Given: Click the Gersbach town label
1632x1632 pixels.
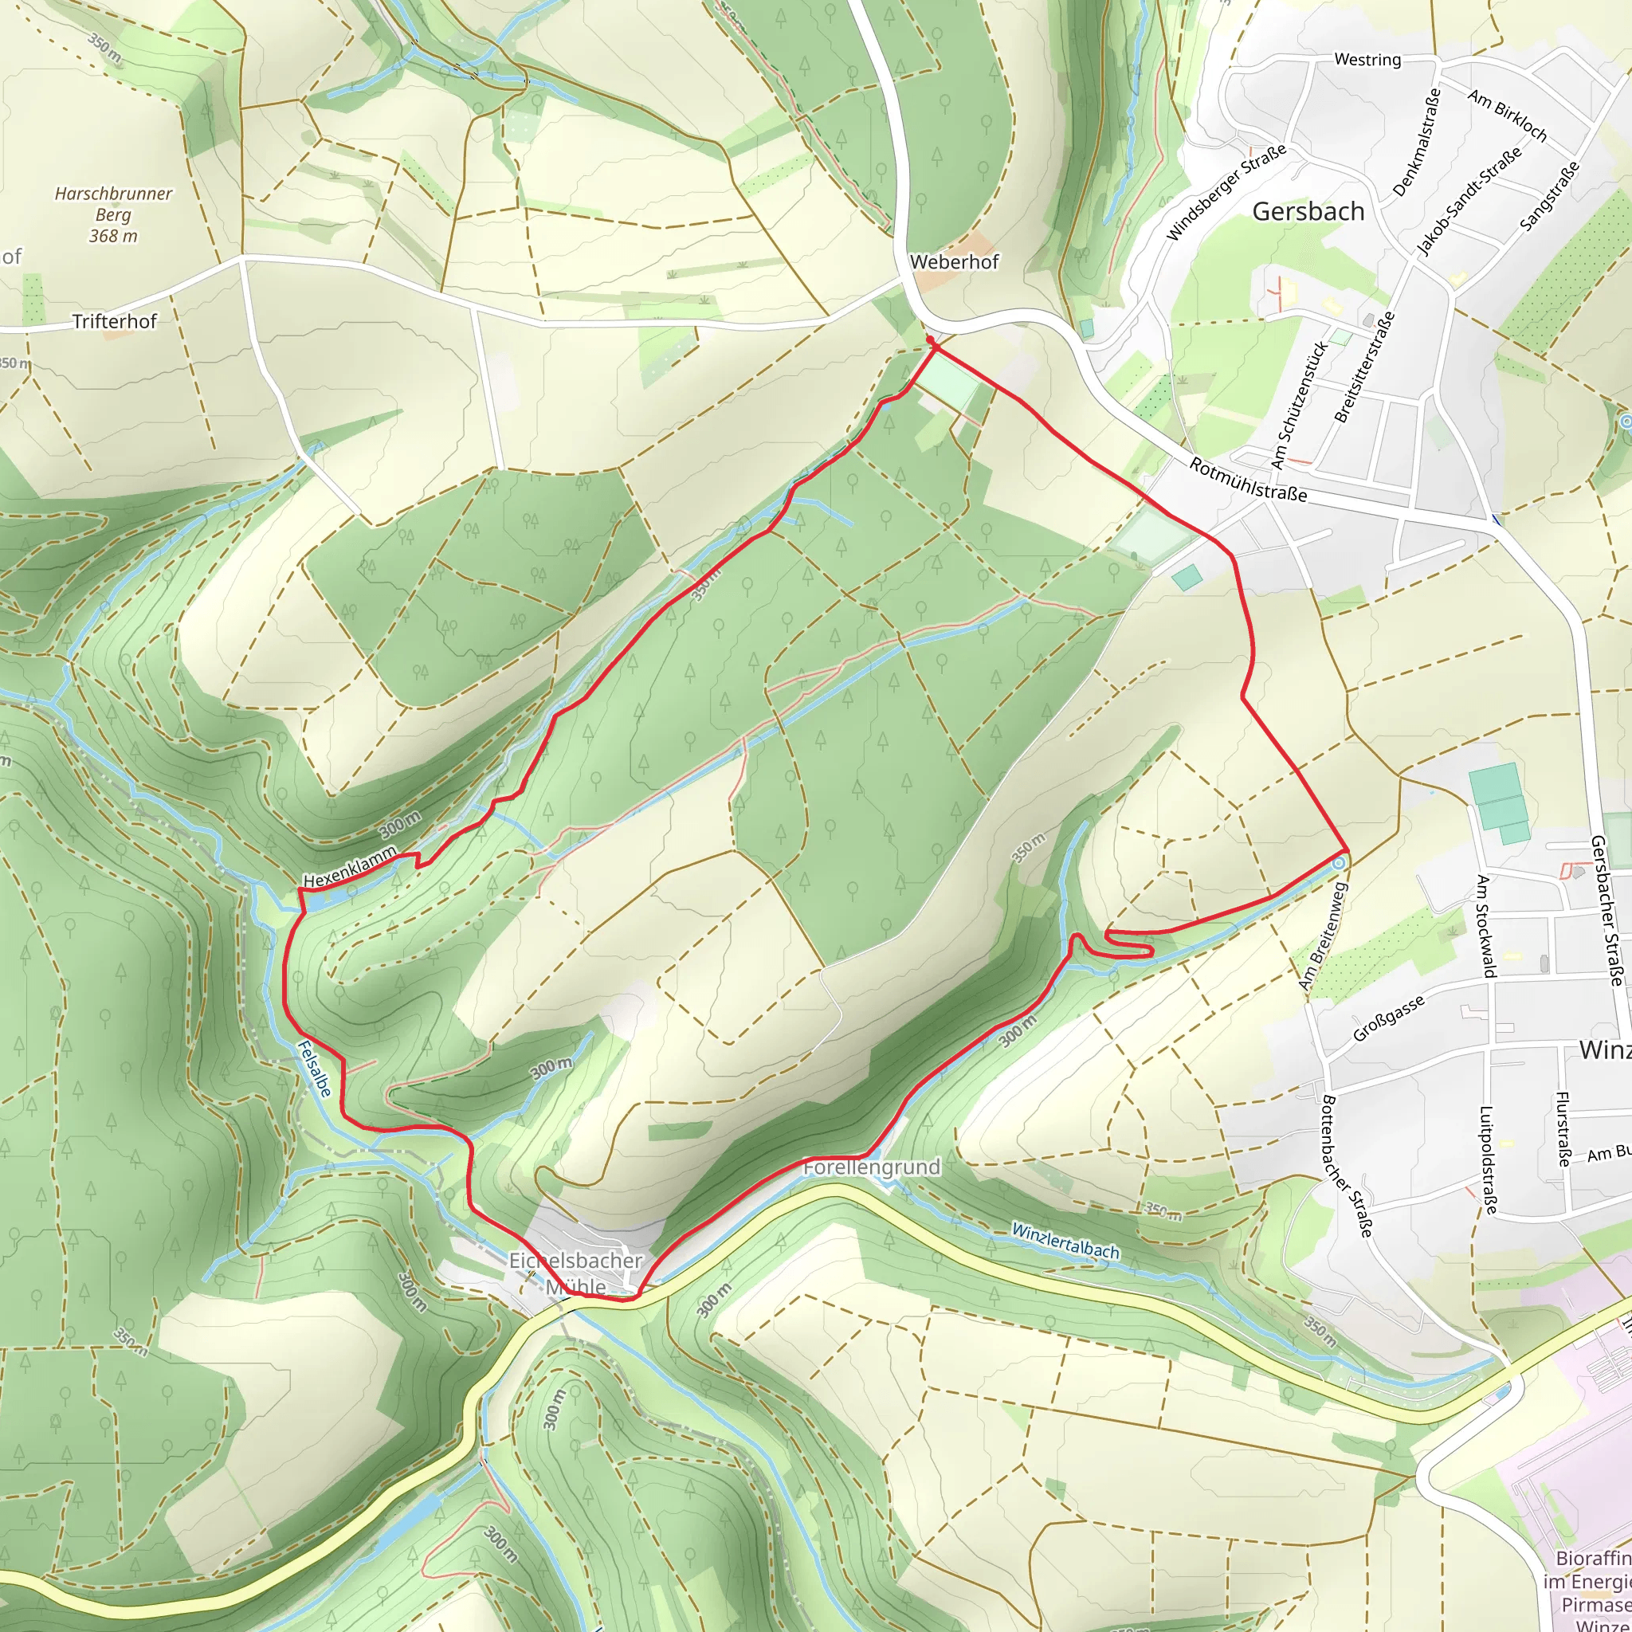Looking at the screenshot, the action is [x=1308, y=211].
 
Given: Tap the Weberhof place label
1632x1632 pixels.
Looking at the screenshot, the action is [x=954, y=262].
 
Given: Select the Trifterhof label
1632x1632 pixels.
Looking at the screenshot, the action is [x=115, y=321].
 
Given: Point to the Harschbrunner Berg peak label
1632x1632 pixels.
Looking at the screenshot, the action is [x=113, y=214].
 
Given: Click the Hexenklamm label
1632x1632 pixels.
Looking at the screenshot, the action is [x=350, y=867].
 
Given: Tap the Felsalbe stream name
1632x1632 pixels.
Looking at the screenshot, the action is [x=314, y=1069].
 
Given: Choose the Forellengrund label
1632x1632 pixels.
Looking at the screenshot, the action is [x=872, y=1167].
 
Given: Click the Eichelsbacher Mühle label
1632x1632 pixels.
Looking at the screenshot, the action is [x=576, y=1273].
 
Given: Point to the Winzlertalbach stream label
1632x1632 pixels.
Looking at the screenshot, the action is [x=1065, y=1240].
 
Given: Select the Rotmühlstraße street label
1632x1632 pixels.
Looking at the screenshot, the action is [x=1249, y=479].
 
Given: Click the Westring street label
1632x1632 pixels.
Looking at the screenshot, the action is [x=1367, y=60].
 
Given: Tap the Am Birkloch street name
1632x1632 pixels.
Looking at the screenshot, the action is [x=1508, y=116].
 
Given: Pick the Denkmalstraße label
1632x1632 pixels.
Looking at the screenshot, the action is [x=1417, y=143].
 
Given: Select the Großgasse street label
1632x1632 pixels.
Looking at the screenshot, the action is [x=1389, y=1018].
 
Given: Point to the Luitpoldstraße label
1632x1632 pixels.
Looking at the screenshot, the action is [x=1488, y=1160].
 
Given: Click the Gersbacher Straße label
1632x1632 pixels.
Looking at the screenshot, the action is [x=1607, y=910].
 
